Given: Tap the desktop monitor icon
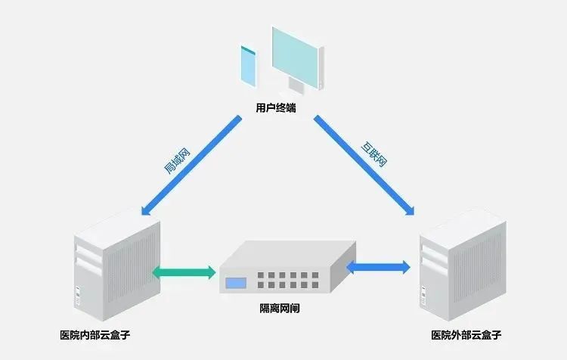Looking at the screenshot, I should pyautogui.click(x=297, y=57).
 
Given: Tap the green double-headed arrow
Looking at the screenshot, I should pyautogui.click(x=184, y=272).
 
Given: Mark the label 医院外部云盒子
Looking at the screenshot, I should pyautogui.click(x=466, y=334).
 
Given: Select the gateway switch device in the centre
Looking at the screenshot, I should pyautogui.click(x=287, y=268).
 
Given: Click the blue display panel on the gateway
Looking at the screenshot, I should pyautogui.click(x=236, y=285).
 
